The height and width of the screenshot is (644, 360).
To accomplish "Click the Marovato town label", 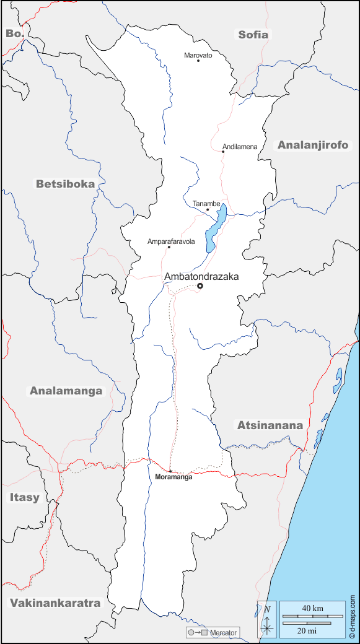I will coord(198,55).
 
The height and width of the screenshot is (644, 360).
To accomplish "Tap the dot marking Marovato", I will coord(198,60).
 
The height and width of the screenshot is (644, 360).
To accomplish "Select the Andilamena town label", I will coord(240,147).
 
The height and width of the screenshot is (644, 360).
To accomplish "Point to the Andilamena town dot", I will coord(223,151).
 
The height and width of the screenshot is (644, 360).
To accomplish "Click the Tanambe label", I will coord(206,203).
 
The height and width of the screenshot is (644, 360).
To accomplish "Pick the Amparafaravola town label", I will coord(171,241).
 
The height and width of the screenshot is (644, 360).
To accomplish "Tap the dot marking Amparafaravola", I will coord(169,247).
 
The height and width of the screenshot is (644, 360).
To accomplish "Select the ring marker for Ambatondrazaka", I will coord(200,285).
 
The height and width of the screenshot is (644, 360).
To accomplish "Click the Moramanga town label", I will coord(173,477).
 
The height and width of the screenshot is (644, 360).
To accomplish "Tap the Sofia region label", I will coord(253,35).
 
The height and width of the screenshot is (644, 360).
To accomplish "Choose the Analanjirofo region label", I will coord(313,146).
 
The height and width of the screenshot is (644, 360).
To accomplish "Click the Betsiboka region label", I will coord(65,184).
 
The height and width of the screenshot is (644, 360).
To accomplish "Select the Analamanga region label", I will coord(66,391).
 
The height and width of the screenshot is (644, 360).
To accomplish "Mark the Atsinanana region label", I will coord(270,425).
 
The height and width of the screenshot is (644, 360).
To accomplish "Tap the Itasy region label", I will coord(24,497).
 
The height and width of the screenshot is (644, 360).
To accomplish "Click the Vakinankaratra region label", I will coord(55,603).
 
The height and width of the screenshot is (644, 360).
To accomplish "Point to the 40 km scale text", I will coord(312,608).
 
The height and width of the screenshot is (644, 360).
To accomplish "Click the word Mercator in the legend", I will coord(223,632).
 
